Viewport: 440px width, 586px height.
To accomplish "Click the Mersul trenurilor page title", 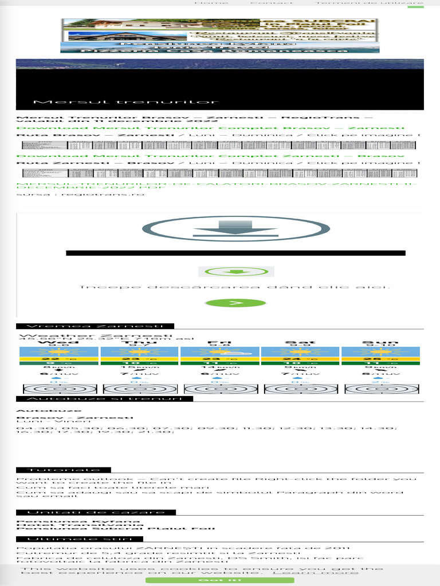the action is point(126,102).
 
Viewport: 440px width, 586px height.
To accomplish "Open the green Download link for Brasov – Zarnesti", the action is point(210,128).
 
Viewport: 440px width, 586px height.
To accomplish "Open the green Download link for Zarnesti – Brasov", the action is point(210,156).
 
